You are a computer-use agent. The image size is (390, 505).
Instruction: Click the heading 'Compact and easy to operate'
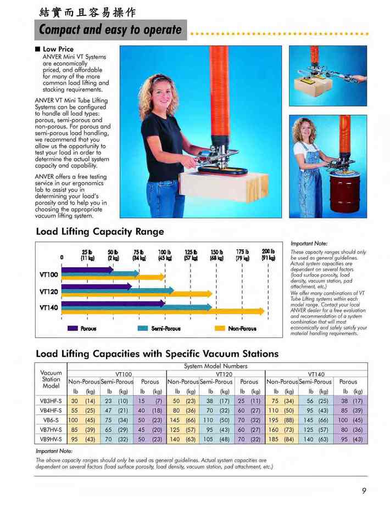tap(110, 30)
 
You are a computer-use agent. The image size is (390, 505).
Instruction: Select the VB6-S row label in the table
tap(51, 419)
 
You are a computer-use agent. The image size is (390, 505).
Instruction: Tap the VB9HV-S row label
tap(51, 439)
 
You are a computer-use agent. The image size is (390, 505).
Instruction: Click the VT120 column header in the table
tap(216, 374)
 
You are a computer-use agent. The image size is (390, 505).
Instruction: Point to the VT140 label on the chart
tap(49, 307)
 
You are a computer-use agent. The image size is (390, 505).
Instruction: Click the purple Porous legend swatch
tap(72, 328)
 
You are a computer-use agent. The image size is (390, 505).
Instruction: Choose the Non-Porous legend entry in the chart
tap(242, 328)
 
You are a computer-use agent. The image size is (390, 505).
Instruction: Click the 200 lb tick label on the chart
tap(268, 254)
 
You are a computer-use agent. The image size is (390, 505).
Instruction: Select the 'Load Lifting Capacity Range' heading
tap(100, 232)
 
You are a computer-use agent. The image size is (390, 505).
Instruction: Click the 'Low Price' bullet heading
tap(58, 49)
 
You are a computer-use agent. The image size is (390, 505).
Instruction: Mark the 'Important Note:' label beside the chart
tap(309, 243)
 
